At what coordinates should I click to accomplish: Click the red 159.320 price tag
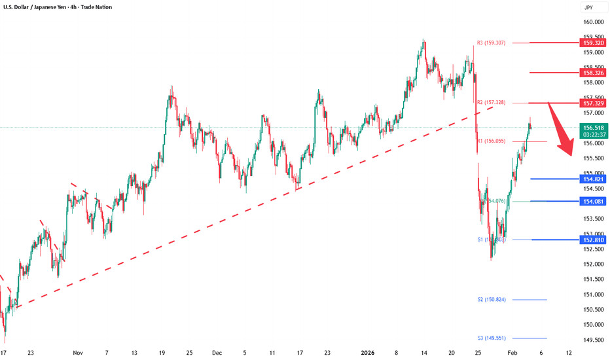tap(592, 43)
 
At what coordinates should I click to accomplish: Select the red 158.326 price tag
tap(592, 73)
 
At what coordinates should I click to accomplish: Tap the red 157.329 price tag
tap(592, 103)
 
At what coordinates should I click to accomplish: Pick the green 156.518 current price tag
tap(592, 129)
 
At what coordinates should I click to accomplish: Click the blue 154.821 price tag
tap(592, 179)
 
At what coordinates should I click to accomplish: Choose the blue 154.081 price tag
tap(592, 201)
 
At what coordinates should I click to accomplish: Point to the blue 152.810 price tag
tap(592, 240)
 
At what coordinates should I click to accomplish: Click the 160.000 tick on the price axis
tap(592, 22)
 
